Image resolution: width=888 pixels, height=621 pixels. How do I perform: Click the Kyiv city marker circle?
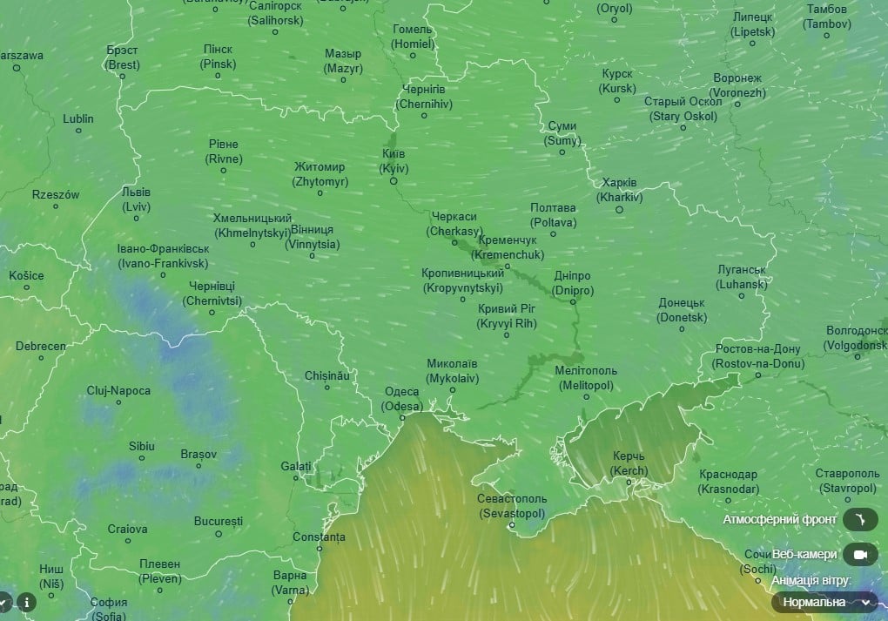[x=394, y=181]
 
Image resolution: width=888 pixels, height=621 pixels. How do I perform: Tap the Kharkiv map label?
[x=620, y=190]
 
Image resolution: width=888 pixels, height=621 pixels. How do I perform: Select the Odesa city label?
[x=403, y=399]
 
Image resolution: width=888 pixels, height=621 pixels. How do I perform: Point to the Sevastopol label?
[x=512, y=506]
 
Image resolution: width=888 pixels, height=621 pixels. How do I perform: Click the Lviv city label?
[x=136, y=199]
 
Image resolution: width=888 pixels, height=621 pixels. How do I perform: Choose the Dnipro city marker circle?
[x=573, y=301]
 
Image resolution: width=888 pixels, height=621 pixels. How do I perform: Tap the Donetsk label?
[x=682, y=310]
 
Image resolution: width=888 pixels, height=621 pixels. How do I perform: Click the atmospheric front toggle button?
[x=859, y=520]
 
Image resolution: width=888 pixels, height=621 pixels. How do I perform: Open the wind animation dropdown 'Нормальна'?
[x=824, y=602]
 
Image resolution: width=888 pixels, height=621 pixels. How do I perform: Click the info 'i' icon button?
[x=27, y=602]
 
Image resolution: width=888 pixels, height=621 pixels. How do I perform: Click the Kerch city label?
[x=629, y=463]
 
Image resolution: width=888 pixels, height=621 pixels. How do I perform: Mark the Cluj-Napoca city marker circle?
[x=118, y=402]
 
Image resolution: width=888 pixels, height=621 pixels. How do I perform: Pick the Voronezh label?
[x=737, y=85]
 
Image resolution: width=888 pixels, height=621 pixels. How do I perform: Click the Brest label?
[x=123, y=57]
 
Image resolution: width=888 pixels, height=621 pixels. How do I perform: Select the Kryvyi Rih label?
[x=508, y=315]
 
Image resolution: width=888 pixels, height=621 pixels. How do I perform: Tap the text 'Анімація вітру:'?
[x=811, y=580]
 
